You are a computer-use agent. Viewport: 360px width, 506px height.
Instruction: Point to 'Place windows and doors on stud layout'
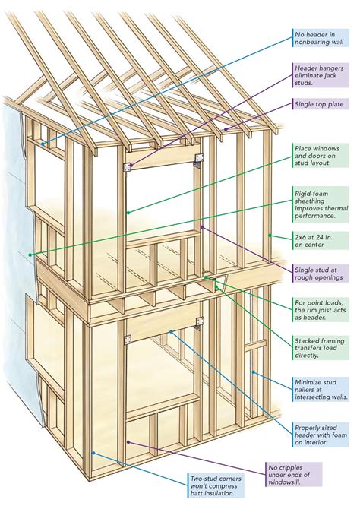[x=322, y=157]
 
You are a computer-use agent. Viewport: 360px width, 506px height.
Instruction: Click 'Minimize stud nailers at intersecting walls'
[x=322, y=390]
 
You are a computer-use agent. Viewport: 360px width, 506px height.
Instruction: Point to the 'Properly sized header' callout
[x=322, y=429]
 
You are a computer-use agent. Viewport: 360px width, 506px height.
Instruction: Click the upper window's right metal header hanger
[x=199, y=158]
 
